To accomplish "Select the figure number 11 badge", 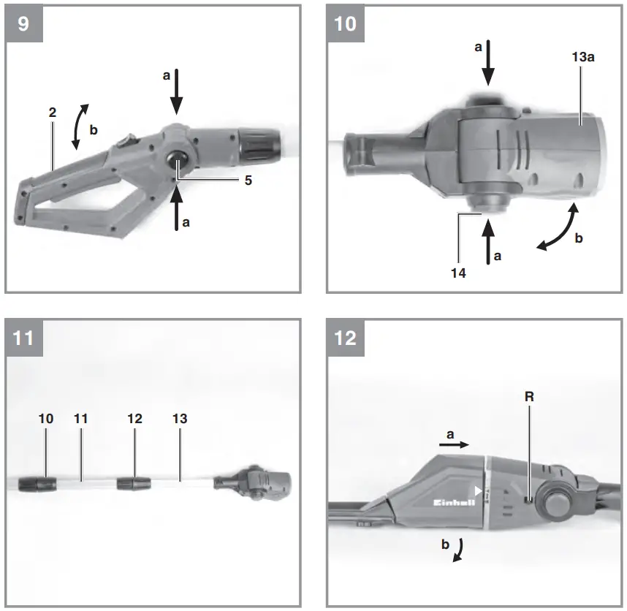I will (23, 338).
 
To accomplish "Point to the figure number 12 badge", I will (345, 338).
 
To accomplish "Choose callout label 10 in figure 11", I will (46, 419).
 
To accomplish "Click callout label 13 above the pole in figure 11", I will (180, 419).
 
